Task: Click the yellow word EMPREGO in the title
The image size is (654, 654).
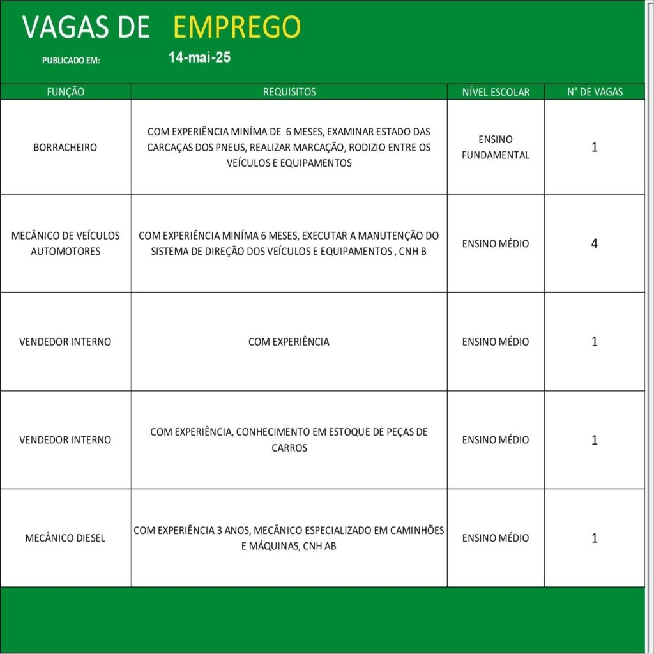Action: [236, 27]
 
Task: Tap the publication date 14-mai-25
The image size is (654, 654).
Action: [199, 57]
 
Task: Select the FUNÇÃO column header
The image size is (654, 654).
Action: [66, 92]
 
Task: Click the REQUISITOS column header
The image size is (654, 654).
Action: [289, 92]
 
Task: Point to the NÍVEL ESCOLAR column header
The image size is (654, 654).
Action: [496, 92]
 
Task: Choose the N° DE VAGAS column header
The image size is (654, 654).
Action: [595, 92]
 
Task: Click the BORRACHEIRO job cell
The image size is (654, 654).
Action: [66, 148]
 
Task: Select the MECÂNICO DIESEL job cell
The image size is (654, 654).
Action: [66, 538]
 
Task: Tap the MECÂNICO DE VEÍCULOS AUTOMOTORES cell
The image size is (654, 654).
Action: [66, 243]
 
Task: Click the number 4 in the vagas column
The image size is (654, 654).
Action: [595, 243]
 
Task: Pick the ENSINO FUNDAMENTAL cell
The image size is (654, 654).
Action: [496, 147]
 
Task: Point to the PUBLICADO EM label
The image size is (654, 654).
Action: [72, 61]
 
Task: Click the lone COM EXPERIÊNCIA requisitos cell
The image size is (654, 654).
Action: [289, 342]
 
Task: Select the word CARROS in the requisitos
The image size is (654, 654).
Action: [289, 448]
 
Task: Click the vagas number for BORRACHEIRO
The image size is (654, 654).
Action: [595, 148]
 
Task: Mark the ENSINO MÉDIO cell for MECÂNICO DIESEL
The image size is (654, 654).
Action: [496, 538]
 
